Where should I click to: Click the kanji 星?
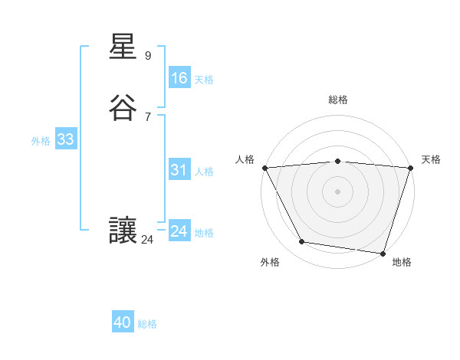click(x=123, y=48)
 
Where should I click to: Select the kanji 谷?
click(x=123, y=108)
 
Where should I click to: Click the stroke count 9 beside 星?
click(x=147, y=56)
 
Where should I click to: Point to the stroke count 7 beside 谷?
click(x=147, y=116)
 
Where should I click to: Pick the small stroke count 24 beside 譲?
click(x=147, y=240)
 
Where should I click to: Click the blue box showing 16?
click(x=179, y=78)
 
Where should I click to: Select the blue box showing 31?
click(x=179, y=171)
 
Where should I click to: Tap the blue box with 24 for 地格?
click(x=179, y=231)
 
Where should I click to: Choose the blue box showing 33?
click(x=65, y=139)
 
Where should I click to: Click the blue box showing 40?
click(x=123, y=322)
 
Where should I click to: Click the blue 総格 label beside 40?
click(x=147, y=324)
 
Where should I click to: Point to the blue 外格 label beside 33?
click(x=41, y=141)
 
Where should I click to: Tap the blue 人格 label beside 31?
click(x=205, y=172)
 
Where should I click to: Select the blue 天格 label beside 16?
click(x=204, y=80)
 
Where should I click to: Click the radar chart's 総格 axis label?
click(x=337, y=100)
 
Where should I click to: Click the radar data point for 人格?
click(x=264, y=168)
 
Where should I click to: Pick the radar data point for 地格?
click(x=383, y=253)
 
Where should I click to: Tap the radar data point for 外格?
click(x=302, y=242)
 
